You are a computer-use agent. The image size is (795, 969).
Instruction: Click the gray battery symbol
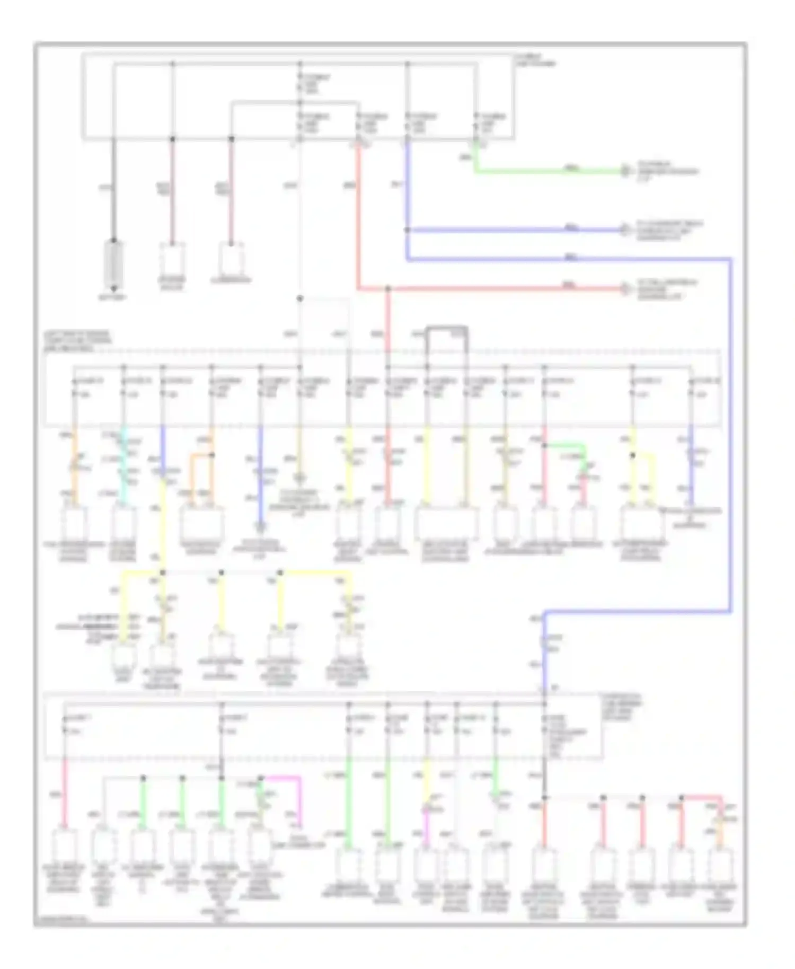113,263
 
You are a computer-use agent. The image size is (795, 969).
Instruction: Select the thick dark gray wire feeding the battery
113,191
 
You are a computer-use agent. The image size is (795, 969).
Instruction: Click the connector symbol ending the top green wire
626,171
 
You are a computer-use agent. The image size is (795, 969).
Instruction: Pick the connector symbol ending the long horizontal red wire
626,289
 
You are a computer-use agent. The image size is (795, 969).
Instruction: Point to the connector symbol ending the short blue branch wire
626,230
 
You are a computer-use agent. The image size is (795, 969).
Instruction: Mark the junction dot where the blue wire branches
407,230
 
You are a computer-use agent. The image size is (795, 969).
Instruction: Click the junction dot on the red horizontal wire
387,289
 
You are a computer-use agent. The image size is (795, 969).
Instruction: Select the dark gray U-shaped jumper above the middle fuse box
447,329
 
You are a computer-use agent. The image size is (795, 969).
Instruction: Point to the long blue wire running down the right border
731,435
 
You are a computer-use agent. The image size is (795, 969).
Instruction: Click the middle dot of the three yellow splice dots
221,573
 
